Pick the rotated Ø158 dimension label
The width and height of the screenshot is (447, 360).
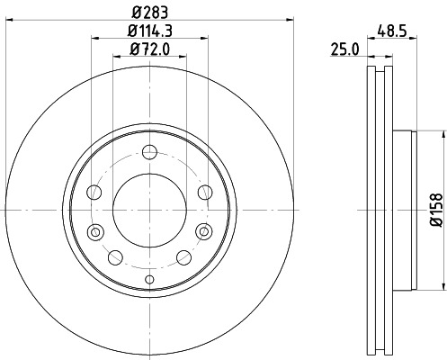pos(435,209)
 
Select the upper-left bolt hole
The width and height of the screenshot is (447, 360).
pos(94,191)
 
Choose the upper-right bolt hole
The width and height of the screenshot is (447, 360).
pos(204,191)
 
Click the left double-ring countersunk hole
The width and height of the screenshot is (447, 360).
pos(95,233)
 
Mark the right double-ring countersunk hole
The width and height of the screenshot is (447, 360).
pos(203,233)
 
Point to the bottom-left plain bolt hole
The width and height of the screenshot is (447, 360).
pos(114,257)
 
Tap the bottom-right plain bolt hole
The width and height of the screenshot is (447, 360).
pos(184,257)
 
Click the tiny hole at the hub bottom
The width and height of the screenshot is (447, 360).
pos(149,280)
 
